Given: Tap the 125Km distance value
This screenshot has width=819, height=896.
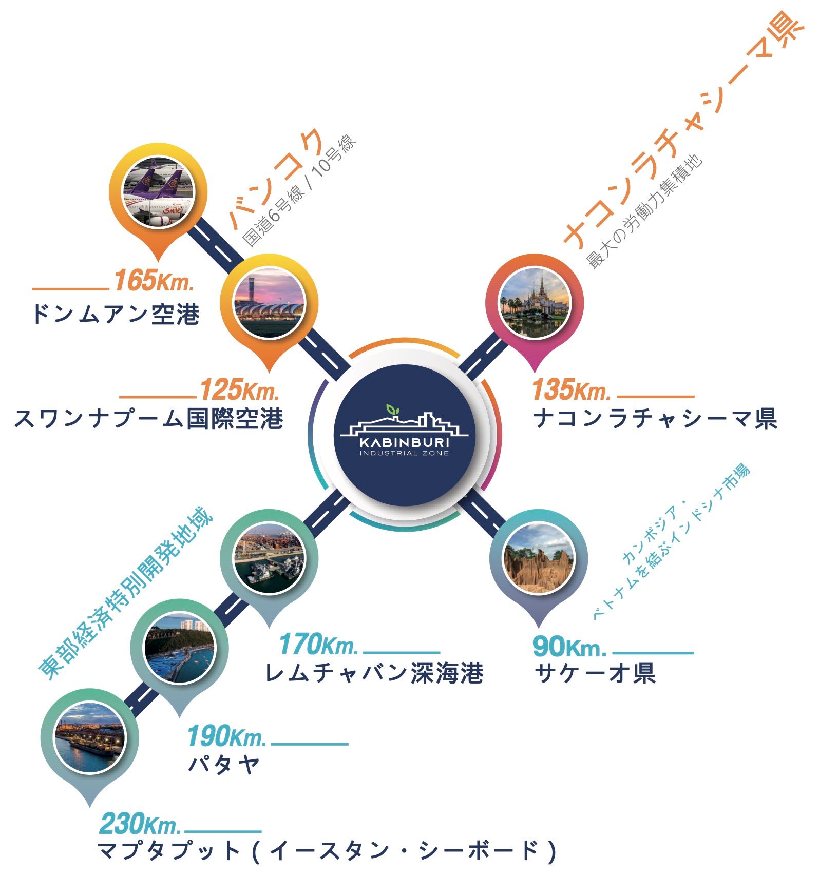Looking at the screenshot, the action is [240, 389].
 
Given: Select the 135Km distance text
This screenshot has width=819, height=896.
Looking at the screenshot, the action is [572, 389].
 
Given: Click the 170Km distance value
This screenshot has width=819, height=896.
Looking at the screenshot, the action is [318, 645].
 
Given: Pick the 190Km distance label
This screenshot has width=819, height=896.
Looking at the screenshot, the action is [227, 736].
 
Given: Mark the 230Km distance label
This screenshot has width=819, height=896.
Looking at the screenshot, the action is [140, 824].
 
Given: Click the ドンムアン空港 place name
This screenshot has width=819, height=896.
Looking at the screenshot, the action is [116, 314].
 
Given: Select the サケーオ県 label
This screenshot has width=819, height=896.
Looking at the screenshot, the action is [595, 673].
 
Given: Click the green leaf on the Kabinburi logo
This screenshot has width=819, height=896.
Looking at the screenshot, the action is [393, 410].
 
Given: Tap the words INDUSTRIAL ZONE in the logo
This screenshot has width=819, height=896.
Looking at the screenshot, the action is [404, 453].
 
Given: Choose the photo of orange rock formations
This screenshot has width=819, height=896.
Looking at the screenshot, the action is [538, 558].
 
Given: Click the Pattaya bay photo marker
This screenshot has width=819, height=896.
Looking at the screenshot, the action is [179, 648].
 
